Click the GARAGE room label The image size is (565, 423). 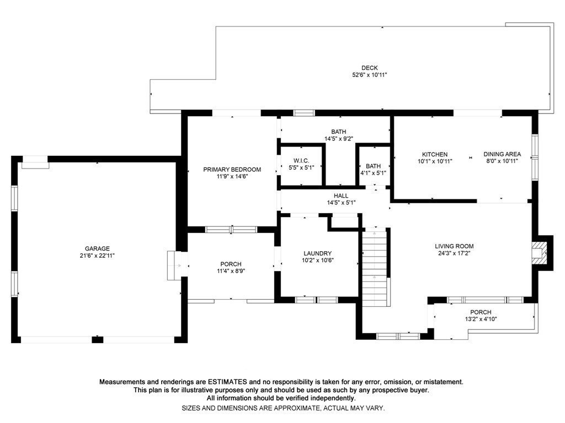click(x=97, y=248)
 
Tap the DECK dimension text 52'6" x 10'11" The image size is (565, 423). click(x=370, y=75)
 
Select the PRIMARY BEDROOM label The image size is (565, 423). click(x=232, y=170)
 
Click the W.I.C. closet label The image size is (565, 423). click(x=301, y=161)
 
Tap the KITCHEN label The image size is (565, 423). click(x=435, y=155)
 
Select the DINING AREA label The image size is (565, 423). click(x=502, y=155)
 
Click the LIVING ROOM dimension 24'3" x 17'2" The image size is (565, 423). click(x=454, y=253)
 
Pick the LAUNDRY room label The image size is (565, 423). click(x=317, y=253)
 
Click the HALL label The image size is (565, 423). click(x=341, y=196)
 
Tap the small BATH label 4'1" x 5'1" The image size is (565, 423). click(x=373, y=166)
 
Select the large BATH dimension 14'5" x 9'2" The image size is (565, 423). click(x=339, y=139)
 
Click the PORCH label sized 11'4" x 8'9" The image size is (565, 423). click(x=231, y=264)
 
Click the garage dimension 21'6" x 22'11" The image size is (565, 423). click(x=97, y=256)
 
